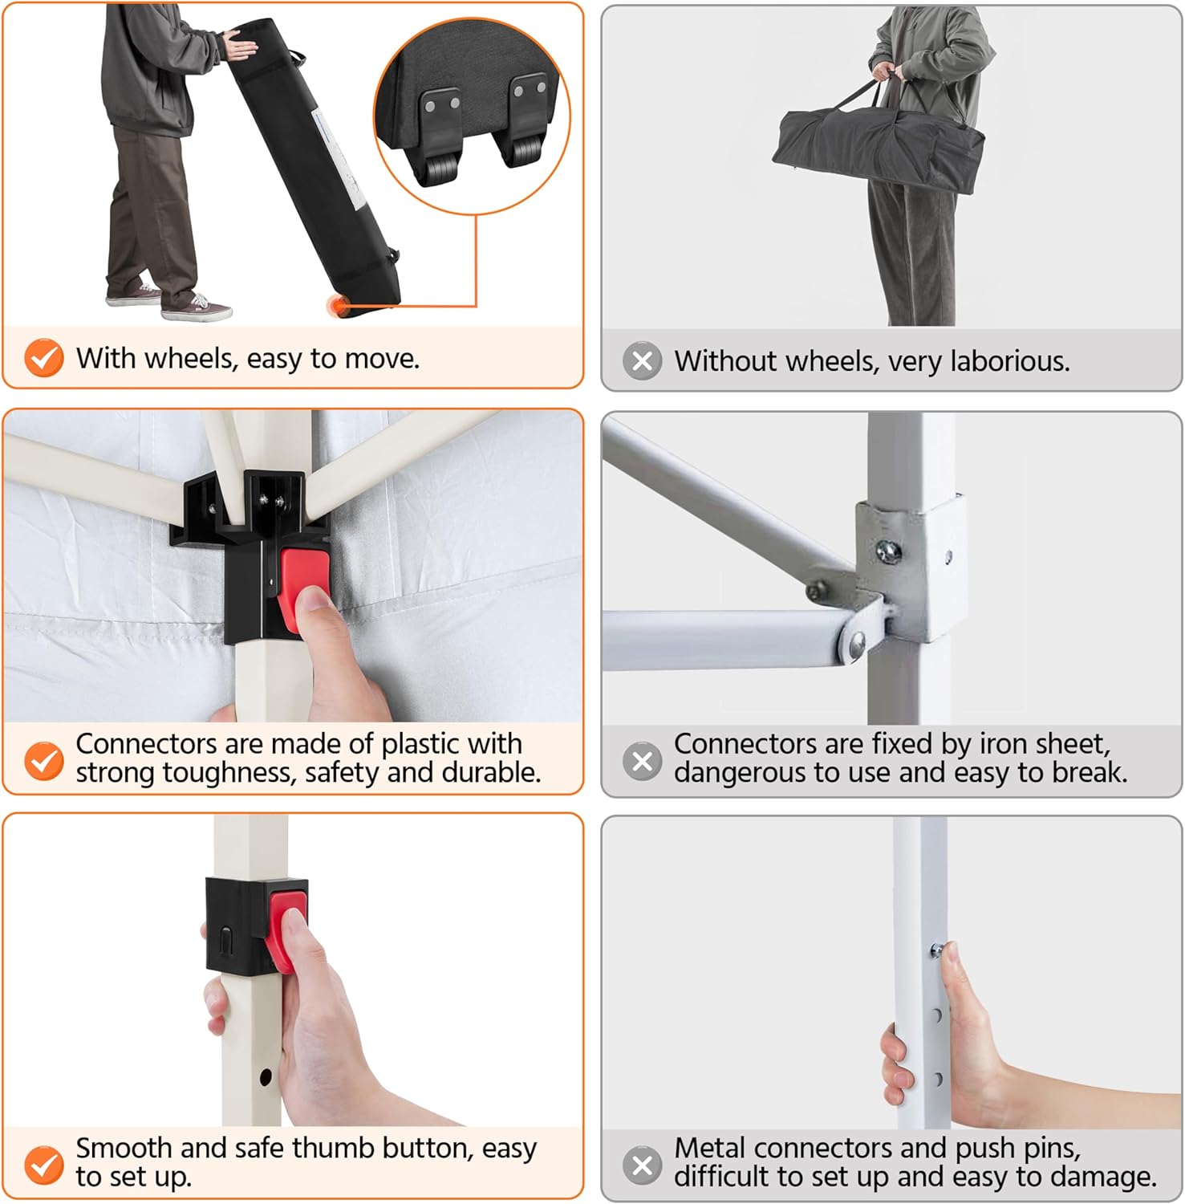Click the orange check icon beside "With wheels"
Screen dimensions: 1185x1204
(44, 358)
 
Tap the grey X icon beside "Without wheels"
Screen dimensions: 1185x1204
(643, 361)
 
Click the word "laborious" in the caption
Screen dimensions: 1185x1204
(1010, 361)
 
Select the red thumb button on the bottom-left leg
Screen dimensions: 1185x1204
(286, 926)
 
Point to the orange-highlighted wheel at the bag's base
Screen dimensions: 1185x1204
(337, 305)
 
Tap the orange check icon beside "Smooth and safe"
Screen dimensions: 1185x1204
(44, 1165)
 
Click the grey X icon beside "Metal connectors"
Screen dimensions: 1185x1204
(643, 1165)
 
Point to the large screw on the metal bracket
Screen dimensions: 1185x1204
(889, 551)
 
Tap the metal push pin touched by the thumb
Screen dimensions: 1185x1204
(936, 951)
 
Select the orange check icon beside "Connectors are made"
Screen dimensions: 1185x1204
(44, 760)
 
